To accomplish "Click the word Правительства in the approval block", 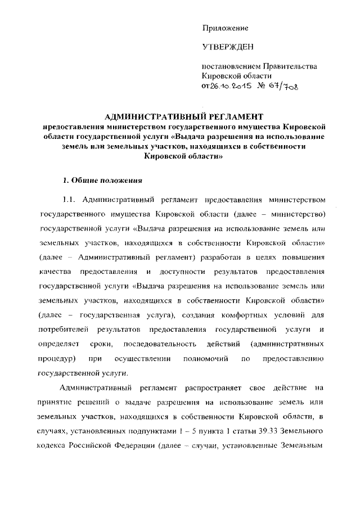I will point(293,66).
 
